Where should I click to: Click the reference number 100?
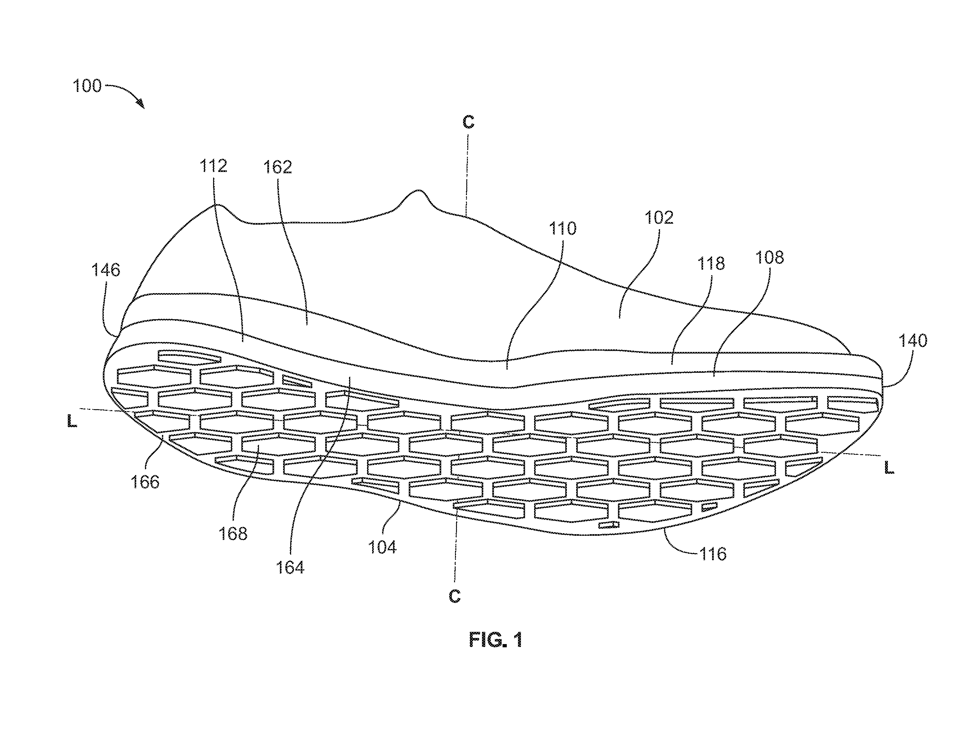pyautogui.click(x=87, y=86)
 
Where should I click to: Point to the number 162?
pyautogui.click(x=277, y=167)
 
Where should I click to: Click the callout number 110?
pyautogui.click(x=562, y=229)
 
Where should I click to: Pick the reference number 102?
pyautogui.click(x=659, y=218)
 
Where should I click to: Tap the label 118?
pyautogui.click(x=711, y=264)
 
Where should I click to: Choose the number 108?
pyautogui.click(x=769, y=257)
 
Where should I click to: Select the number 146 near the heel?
pyautogui.click(x=106, y=270)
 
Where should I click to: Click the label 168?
pyautogui.click(x=233, y=534)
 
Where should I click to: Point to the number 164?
pyautogui.click(x=290, y=568)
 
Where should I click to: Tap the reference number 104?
pyautogui.click(x=382, y=547)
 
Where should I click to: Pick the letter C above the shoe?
pyautogui.click(x=468, y=122)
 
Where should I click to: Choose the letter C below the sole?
pyautogui.click(x=454, y=597)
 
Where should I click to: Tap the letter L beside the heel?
pyautogui.click(x=72, y=421)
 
